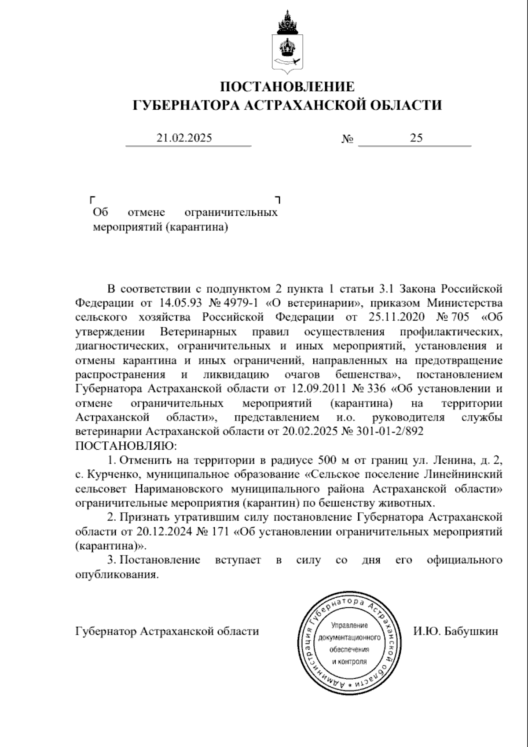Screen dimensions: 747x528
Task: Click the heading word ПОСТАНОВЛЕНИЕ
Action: (x=287, y=86)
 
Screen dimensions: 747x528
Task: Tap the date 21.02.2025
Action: (x=184, y=138)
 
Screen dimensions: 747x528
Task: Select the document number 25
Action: (x=416, y=138)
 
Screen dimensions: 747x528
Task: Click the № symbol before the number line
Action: (x=348, y=139)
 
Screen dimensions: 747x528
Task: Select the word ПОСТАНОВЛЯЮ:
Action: (x=126, y=445)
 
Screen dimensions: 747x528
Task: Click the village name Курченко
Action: (x=114, y=475)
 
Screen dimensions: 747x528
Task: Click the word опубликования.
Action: (x=117, y=575)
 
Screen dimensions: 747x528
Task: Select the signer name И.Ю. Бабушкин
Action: (x=456, y=631)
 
